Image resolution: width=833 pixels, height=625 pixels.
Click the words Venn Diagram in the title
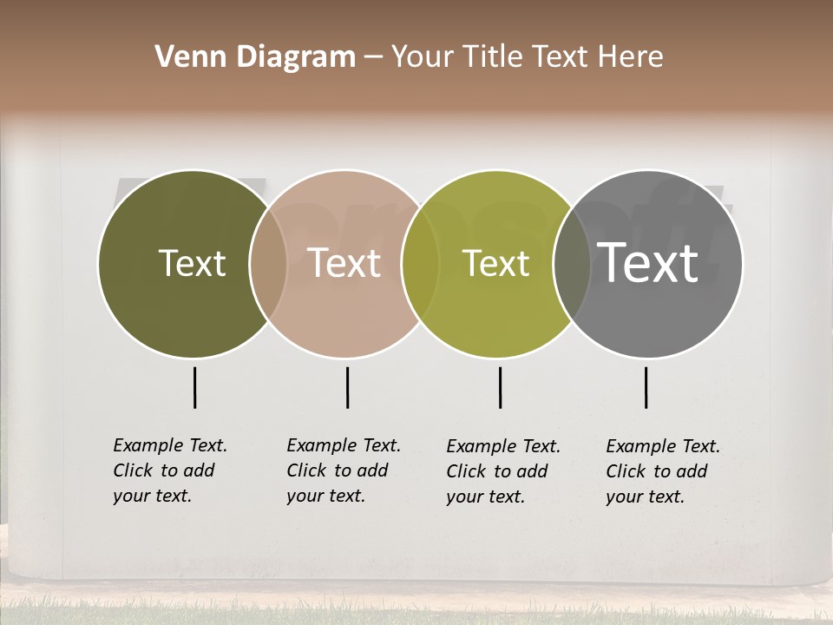pyautogui.click(x=255, y=57)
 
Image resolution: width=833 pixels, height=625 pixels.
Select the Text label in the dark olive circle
pyautogui.click(x=192, y=263)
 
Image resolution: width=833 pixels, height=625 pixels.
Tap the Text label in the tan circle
pyautogui.click(x=344, y=263)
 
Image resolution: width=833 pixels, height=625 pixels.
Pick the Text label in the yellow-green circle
pyautogui.click(x=495, y=263)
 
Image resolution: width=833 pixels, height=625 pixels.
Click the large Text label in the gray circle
pyautogui.click(x=648, y=262)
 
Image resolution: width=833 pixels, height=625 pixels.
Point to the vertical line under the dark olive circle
pyautogui.click(x=194, y=387)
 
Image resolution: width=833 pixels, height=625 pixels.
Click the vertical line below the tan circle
pyautogui.click(x=347, y=387)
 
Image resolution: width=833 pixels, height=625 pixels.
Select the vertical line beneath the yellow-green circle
pyautogui.click(x=500, y=387)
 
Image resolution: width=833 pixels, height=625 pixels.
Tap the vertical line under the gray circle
pyautogui.click(x=646, y=387)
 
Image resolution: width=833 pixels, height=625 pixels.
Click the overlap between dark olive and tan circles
pyautogui.click(x=268, y=264)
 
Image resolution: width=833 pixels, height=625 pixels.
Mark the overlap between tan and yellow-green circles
pyautogui.click(x=420, y=264)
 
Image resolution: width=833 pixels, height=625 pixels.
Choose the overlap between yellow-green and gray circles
pyautogui.click(x=572, y=264)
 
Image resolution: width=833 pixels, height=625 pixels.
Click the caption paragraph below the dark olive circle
pyautogui.click(x=169, y=470)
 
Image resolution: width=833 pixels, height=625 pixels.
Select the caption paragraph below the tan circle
pyautogui.click(x=343, y=470)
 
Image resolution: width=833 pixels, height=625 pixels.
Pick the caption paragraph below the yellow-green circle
pyautogui.click(x=502, y=471)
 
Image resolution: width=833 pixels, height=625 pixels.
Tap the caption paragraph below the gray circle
pyautogui.click(x=662, y=471)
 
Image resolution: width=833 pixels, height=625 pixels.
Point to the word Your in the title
pyautogui.click(x=423, y=57)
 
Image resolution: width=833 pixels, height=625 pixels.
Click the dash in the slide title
pyautogui.click(x=373, y=57)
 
